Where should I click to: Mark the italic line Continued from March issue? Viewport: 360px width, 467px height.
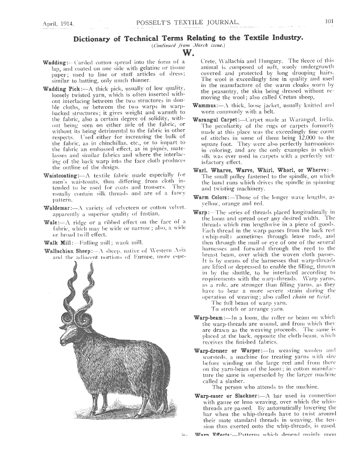tap(188, 45)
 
